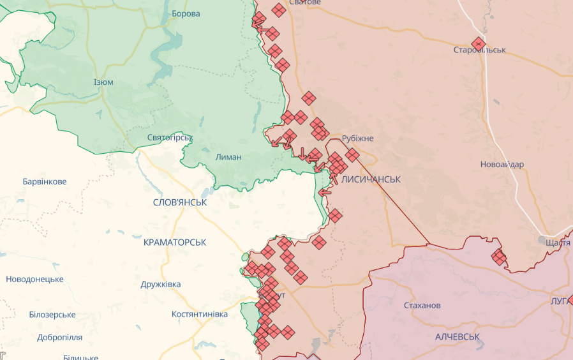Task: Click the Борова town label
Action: [186, 13]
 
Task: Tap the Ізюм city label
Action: [103, 82]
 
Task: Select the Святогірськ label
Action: [170, 137]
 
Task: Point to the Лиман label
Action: [228, 157]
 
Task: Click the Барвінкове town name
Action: [45, 181]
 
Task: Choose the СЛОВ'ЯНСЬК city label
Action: [180, 202]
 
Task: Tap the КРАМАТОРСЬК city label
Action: [175, 243]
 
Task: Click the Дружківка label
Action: [161, 284]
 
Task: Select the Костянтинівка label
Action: [200, 314]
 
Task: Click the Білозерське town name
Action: [52, 315]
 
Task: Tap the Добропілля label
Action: [59, 337]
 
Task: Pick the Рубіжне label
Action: [358, 139]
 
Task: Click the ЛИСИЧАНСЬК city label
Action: [371, 180]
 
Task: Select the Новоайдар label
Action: [502, 164]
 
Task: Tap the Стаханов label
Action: [422, 305]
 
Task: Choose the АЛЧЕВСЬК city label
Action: [458, 336]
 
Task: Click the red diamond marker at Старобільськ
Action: [479, 44]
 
